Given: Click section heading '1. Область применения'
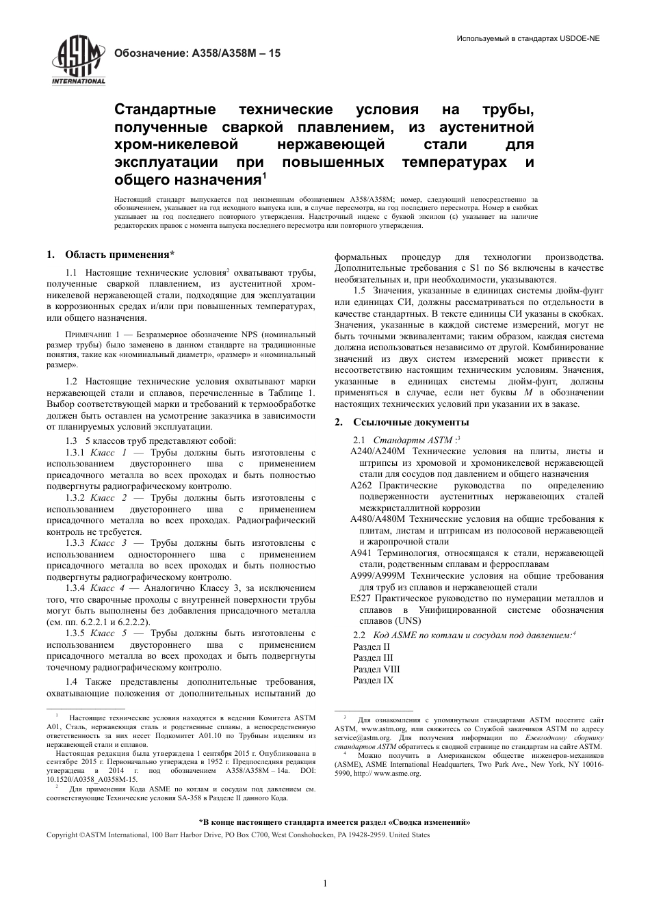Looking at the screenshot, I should (110, 255).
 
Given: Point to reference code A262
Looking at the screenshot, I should (361, 485).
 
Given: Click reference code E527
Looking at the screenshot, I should (360, 599).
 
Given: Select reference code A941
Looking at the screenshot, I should (361, 553).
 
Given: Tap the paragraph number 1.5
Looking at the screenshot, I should (359, 290).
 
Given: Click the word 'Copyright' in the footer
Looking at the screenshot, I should (62, 835).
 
